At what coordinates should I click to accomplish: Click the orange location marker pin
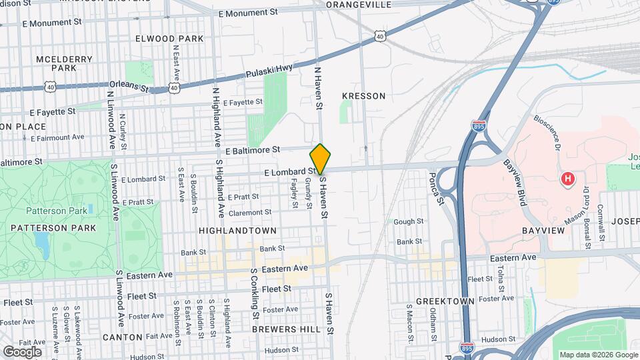[321, 159]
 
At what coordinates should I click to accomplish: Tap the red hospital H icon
[567, 179]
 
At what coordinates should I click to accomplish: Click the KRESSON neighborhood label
[363, 96]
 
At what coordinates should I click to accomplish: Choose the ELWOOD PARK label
[169, 39]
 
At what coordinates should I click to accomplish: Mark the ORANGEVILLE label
[359, 4]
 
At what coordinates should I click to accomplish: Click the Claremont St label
[250, 213]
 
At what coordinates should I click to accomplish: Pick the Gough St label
[409, 221]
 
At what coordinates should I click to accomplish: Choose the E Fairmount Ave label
[58, 137]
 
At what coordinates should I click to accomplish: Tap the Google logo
[22, 351]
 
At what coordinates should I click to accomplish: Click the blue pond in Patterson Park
[44, 245]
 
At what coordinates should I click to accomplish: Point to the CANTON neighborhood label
[123, 337]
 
